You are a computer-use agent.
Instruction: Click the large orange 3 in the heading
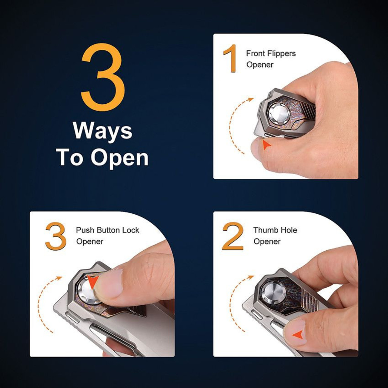click(x=103, y=80)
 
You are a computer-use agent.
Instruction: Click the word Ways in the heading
click(x=103, y=131)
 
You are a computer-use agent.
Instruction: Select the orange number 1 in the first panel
click(x=230, y=59)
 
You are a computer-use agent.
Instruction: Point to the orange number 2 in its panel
click(x=233, y=236)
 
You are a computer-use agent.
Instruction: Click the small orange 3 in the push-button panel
click(x=56, y=236)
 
